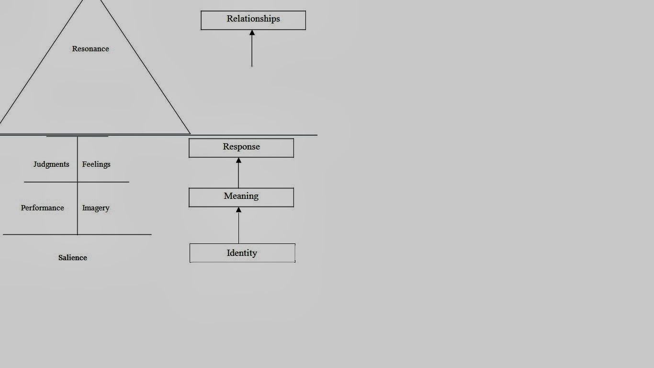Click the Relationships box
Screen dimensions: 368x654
(x=253, y=20)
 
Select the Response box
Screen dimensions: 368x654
(x=241, y=148)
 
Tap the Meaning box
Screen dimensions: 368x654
(x=241, y=197)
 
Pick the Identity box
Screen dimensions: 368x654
(x=242, y=253)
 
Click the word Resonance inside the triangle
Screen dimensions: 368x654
(x=90, y=49)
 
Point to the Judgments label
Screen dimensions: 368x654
(x=51, y=164)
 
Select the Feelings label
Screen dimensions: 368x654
(x=96, y=164)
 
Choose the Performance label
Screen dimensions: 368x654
(x=42, y=208)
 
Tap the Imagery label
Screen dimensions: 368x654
(x=96, y=208)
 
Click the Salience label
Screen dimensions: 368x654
(x=73, y=258)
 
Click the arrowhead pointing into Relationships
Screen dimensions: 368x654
(x=252, y=33)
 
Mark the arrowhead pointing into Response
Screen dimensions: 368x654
(x=238, y=161)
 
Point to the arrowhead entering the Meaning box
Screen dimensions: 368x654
(x=238, y=210)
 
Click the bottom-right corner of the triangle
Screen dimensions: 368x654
(x=190, y=133)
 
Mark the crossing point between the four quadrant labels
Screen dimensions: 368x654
(x=78, y=182)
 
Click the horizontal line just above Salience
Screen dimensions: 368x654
(x=77, y=234)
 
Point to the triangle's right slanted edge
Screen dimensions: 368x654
(x=146, y=67)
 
